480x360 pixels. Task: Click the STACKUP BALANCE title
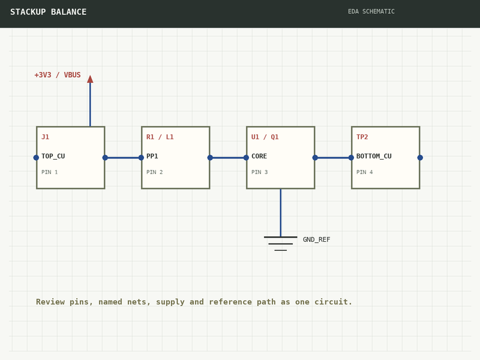point(49,12)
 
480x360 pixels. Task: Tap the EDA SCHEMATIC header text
point(371,11)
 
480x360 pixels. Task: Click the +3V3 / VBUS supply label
point(58,75)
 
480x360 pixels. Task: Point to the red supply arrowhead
point(90,79)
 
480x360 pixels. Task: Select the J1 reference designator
point(46,137)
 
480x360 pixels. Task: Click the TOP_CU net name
point(53,156)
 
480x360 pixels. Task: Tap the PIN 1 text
point(50,172)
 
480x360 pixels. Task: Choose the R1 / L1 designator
point(160,137)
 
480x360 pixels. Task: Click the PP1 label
point(152,156)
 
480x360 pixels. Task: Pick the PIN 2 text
point(155,172)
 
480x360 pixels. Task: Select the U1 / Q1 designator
point(265,137)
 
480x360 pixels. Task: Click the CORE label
point(259,156)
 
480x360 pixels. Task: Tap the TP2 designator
point(362,137)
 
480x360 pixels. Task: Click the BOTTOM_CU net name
point(374,156)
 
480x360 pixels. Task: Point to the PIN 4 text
point(365,172)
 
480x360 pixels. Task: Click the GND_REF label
point(317,239)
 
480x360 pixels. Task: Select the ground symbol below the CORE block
point(280,244)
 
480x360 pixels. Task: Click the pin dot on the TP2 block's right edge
point(420,158)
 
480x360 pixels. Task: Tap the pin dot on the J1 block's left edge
point(36,158)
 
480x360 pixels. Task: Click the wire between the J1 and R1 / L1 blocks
point(123,158)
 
